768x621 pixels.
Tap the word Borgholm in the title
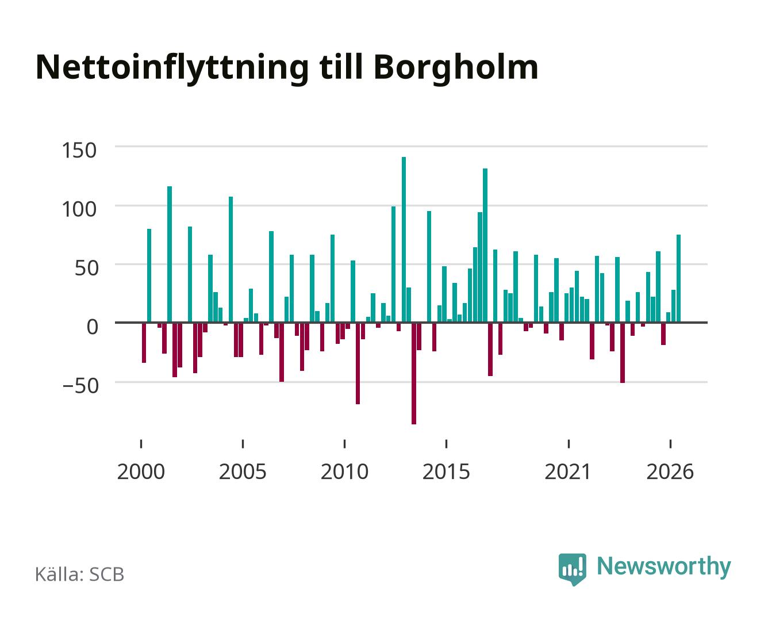[x=456, y=67]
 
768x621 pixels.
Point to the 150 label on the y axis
[x=79, y=150]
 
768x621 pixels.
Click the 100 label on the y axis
[x=79, y=209]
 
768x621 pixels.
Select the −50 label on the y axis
[x=80, y=385]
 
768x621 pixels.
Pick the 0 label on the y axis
[x=93, y=327]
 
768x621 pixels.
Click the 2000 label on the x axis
[x=141, y=471]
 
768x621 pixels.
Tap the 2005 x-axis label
[x=243, y=471]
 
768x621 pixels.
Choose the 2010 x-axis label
[x=344, y=471]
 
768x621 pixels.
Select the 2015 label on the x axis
[x=446, y=471]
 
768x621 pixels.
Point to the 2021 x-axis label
[x=568, y=471]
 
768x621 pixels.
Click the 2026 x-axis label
[x=670, y=471]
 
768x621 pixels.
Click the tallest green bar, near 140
[x=404, y=239]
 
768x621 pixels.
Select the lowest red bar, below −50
[x=413, y=374]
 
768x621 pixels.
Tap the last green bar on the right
[x=678, y=278]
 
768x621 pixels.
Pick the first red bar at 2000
[x=144, y=343]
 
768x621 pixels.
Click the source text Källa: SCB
[x=80, y=574]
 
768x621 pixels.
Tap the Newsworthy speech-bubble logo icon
[x=572, y=569]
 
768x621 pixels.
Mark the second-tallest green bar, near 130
[x=485, y=245]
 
